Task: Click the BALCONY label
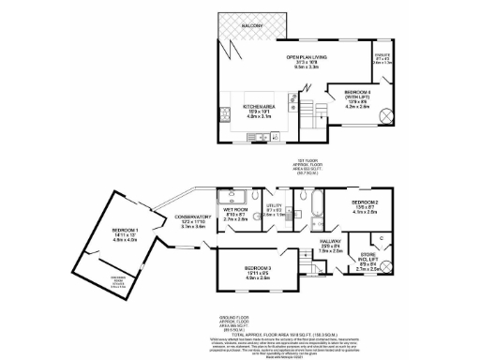251,25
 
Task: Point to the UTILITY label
274,209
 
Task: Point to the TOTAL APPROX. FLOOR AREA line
240,329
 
